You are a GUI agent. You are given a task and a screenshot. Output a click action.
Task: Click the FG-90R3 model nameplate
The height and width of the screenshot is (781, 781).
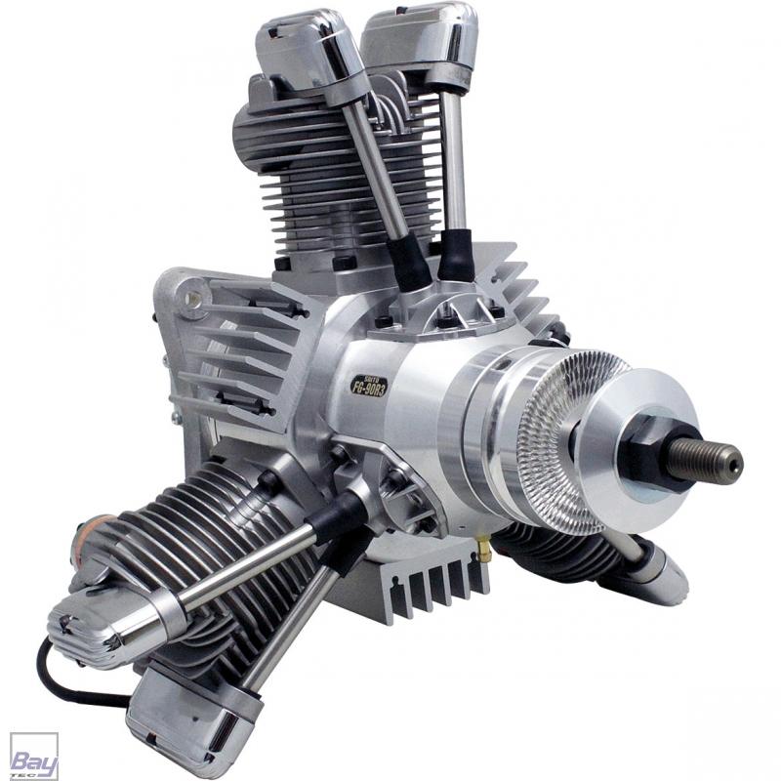pos(368,385)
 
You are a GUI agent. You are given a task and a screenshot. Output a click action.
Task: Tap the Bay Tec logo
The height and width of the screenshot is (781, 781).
pos(33,756)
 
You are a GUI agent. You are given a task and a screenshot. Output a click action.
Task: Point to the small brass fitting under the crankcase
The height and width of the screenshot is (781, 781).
pos(481,553)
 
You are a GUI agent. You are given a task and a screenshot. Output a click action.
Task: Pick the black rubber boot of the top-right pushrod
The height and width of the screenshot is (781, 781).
pos(454,256)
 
